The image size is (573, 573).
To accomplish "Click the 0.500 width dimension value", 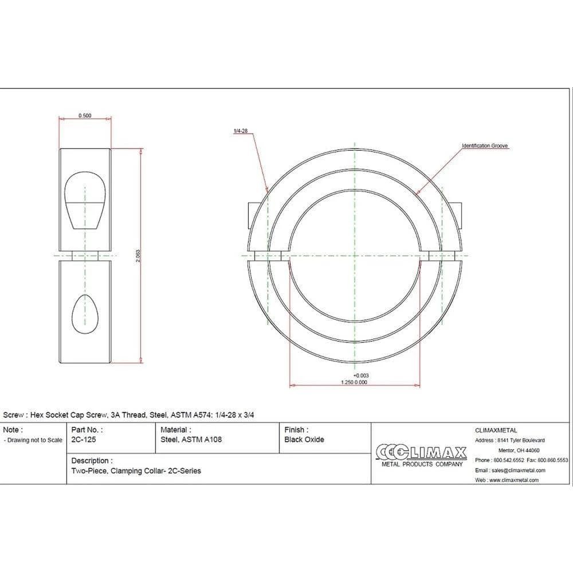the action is click(85, 116).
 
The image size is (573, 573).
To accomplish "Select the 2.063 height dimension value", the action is click(138, 256).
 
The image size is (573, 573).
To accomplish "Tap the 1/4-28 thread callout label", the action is click(241, 131).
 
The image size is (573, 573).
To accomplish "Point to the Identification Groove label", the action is click(485, 146).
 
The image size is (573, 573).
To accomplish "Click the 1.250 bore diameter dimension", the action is click(348, 382).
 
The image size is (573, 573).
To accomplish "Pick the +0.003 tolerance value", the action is click(361, 375).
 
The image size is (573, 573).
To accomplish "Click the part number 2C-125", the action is click(84, 439).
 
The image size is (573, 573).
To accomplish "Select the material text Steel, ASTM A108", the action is click(191, 439).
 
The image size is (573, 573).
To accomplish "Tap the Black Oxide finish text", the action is click(304, 439).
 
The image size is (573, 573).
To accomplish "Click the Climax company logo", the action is click(422, 456).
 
